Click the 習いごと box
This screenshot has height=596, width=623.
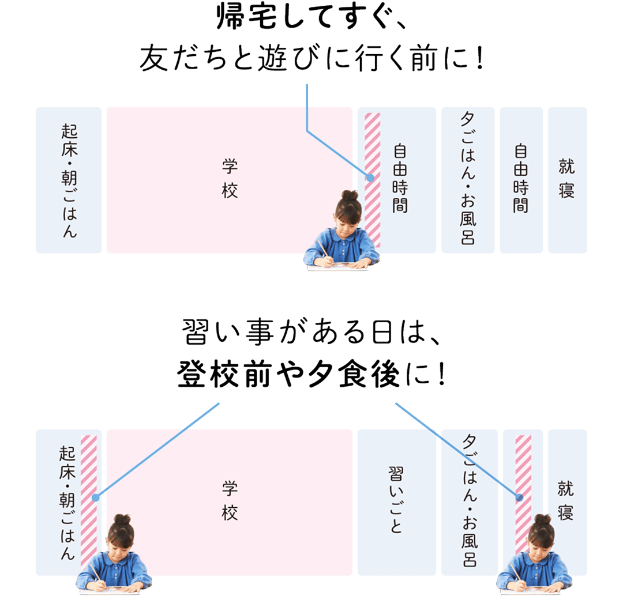click(396, 501)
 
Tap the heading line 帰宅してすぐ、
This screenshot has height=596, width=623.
click(312, 20)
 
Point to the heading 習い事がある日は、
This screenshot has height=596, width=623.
click(311, 334)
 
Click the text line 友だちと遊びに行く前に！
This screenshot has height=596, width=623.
click(311, 59)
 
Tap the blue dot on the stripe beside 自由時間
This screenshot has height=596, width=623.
click(370, 178)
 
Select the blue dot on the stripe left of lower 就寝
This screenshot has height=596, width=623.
click(520, 497)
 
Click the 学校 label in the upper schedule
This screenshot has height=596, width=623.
click(229, 179)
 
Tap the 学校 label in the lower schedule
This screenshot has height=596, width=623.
click(229, 501)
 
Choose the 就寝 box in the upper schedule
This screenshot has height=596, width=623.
click(567, 180)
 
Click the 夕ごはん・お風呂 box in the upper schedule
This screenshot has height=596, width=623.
click(468, 180)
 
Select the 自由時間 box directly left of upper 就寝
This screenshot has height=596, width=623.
click(521, 180)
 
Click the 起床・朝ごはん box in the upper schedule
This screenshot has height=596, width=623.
click(68, 180)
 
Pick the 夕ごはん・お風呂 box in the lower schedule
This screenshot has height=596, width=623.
click(468, 501)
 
